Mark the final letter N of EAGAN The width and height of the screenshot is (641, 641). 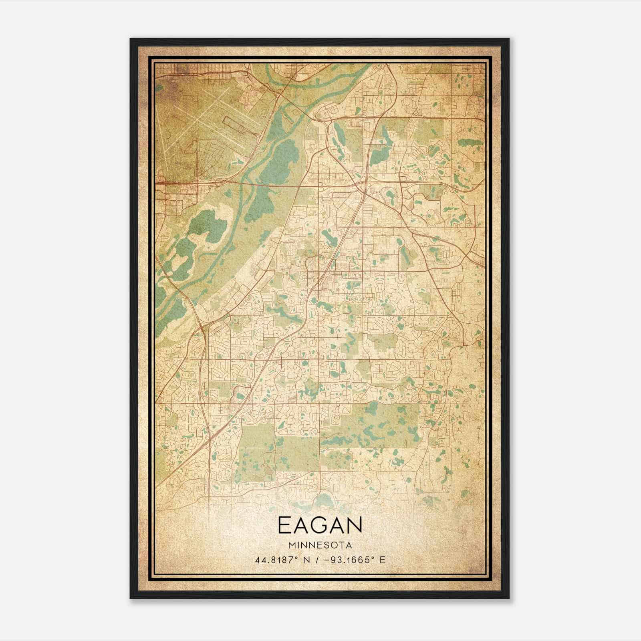point(355,525)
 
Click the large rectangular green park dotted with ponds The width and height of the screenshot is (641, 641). point(371,427)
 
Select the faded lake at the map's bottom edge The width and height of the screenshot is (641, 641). point(325,501)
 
